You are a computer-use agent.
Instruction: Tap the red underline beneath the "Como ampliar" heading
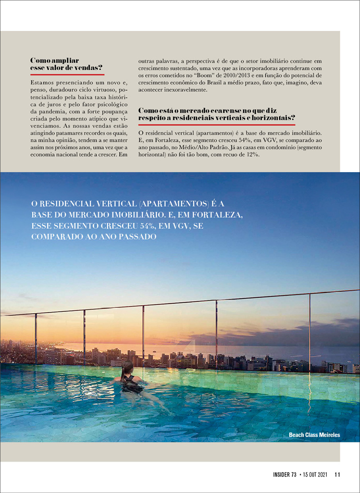point(67,75)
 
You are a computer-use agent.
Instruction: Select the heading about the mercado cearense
point(217,114)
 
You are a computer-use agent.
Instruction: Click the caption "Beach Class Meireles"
point(314,435)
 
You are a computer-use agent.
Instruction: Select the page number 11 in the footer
point(337,475)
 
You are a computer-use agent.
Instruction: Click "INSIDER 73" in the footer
point(284,475)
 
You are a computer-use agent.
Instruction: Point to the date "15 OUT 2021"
point(315,475)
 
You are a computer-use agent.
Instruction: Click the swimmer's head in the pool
point(127,367)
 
